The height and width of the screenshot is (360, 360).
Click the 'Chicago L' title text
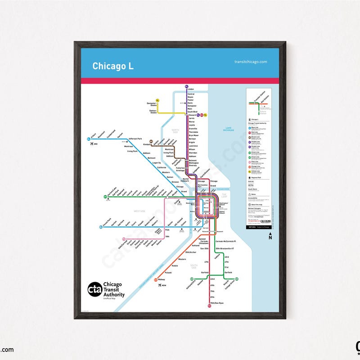pyautogui.click(x=113, y=66)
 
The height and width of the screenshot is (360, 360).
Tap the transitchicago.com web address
pyautogui.click(x=251, y=62)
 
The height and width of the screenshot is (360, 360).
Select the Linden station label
pyautogui.click(x=191, y=90)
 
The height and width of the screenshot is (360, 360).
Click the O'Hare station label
pyautogui.click(x=94, y=134)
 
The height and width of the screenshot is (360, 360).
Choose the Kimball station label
pyautogui.click(x=147, y=144)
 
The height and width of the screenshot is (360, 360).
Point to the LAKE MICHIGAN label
pyautogui.click(x=231, y=130)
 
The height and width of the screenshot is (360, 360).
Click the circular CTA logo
pyautogui.click(x=94, y=289)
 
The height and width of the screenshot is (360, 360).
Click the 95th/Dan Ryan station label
pyautogui.click(x=217, y=303)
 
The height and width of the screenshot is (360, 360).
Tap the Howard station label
pyautogui.click(x=192, y=115)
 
